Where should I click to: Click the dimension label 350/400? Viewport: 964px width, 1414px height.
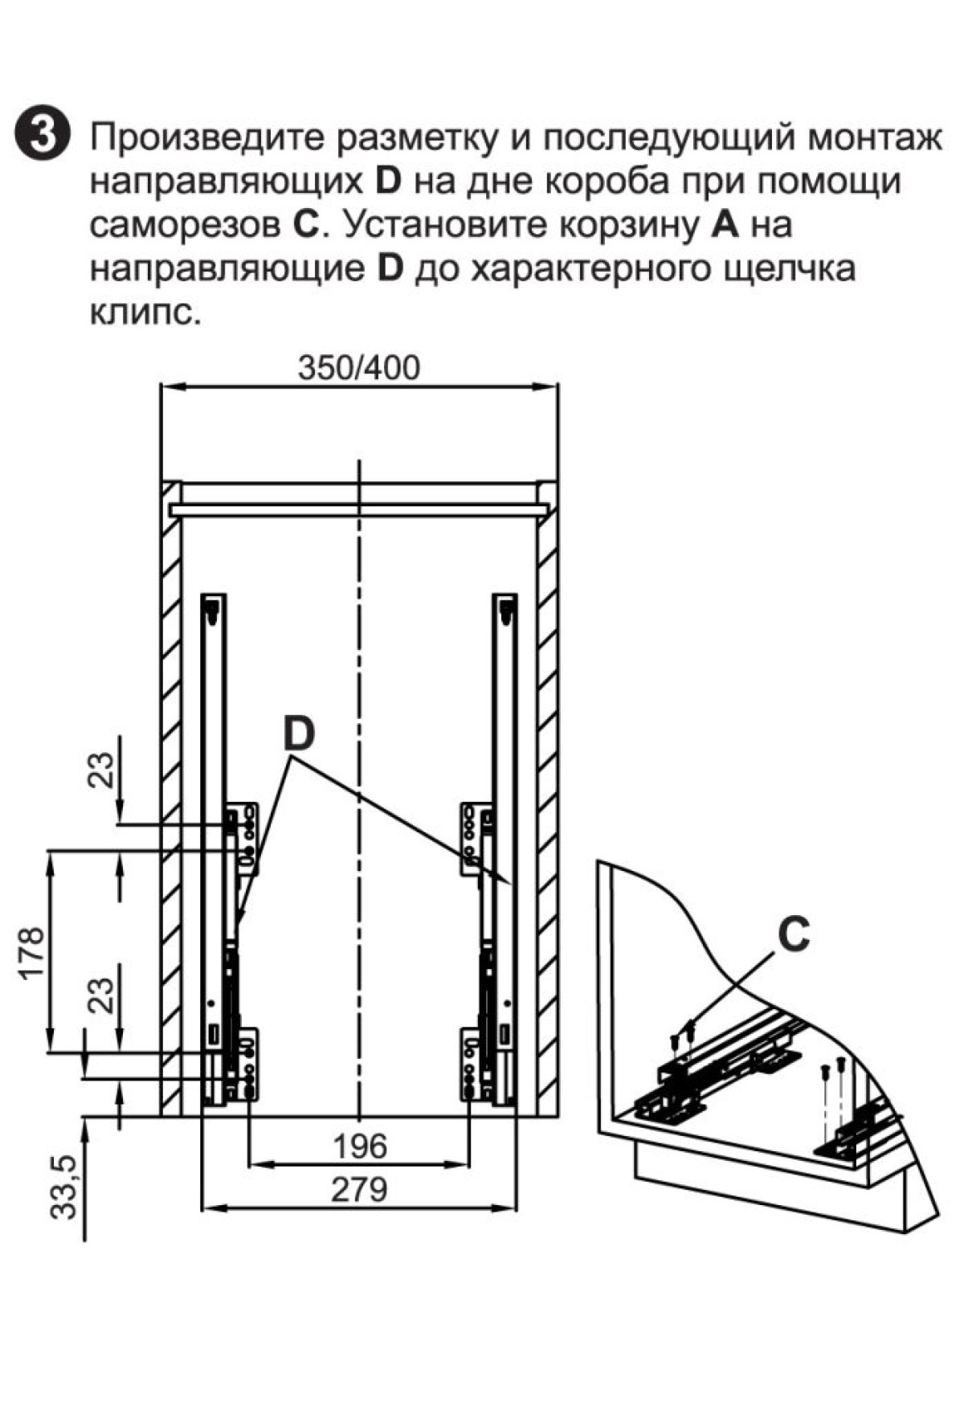coord(358,368)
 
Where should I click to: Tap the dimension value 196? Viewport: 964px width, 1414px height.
coord(359,1146)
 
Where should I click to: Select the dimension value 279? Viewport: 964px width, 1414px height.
coord(359,1188)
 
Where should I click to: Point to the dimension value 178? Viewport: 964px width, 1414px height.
coord(31,954)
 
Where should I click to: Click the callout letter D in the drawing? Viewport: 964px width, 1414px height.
coord(298,734)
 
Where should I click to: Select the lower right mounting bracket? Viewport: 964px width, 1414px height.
coord(476,1065)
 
